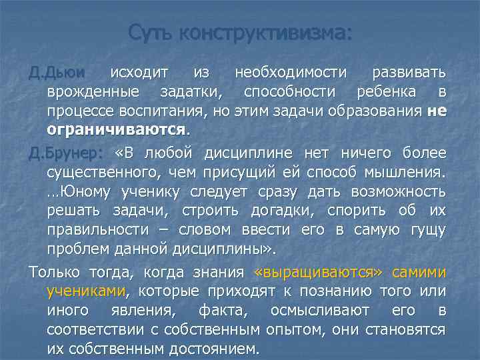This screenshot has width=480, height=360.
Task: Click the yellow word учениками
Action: click(86, 291)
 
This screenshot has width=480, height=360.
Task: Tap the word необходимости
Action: click(291, 73)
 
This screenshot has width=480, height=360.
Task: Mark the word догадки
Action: click(287, 211)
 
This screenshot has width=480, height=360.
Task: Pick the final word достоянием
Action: click(209, 348)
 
